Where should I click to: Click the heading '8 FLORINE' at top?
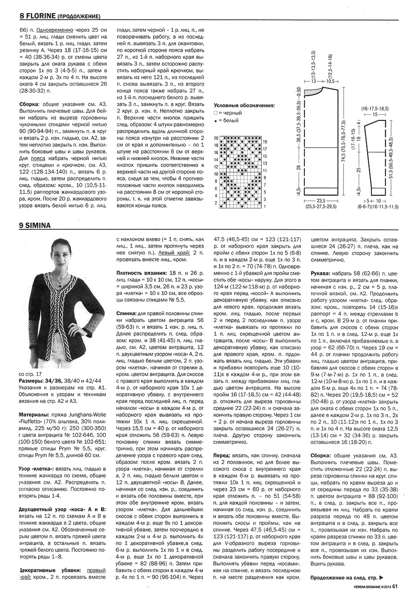coord(38,17)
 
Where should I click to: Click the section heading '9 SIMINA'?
coord(35,225)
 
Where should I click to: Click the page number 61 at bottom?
coord(395,586)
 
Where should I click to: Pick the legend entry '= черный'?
coord(229,113)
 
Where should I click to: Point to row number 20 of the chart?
coord(216,138)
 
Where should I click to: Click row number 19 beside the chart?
coord(265,142)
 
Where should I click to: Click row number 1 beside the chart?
coord(265,207)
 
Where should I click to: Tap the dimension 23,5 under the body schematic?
coord(321,201)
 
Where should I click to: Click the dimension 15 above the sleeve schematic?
coord(376,114)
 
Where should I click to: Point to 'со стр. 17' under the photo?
coord(30,374)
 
